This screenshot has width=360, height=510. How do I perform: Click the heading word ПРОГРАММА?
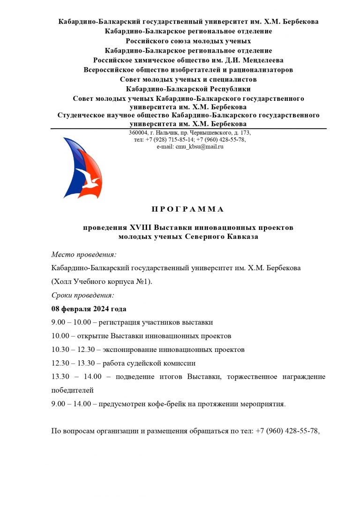click(188, 209)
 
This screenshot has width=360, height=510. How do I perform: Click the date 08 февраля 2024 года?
click(89, 309)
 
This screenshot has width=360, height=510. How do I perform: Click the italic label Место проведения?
click(83, 255)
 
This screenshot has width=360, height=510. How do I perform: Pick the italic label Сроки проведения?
click(82, 296)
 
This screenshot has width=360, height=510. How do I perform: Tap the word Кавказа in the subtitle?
click(243, 237)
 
